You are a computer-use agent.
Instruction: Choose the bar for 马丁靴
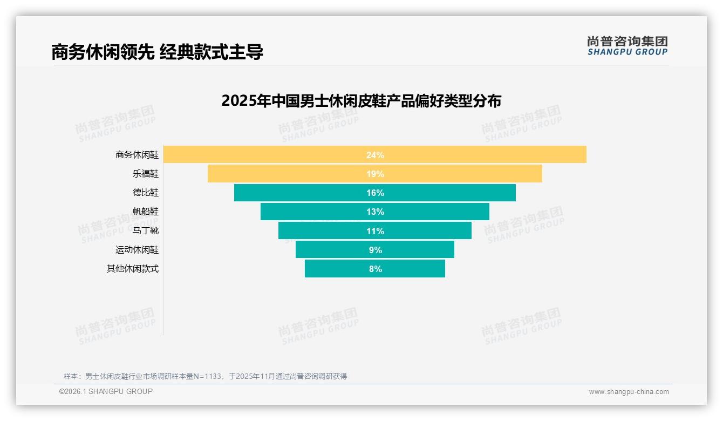(324, 231)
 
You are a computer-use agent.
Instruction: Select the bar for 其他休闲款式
(335, 269)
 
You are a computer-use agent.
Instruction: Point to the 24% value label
(375, 155)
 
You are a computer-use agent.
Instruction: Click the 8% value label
(376, 269)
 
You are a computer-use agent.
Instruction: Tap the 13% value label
(375, 212)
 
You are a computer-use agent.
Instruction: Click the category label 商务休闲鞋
(137, 155)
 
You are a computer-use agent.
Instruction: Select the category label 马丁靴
(146, 231)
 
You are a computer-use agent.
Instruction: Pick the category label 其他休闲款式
(133, 269)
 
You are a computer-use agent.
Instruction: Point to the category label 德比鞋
(146, 193)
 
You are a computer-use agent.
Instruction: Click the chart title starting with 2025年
(361, 101)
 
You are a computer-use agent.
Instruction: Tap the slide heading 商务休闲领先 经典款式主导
(157, 52)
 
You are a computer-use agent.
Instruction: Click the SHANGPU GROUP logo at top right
(627, 46)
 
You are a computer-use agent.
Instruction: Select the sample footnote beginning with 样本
(205, 376)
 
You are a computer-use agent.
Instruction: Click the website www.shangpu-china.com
(629, 392)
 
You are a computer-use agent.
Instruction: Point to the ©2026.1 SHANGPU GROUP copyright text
(106, 391)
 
